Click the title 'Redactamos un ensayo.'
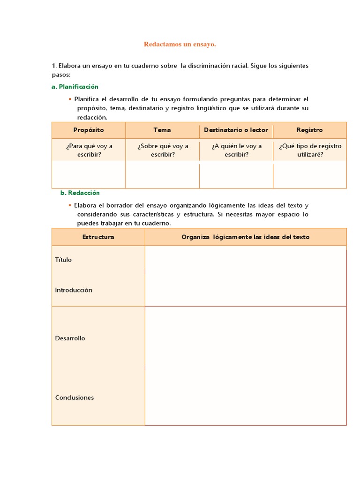180,44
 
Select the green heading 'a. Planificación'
75,87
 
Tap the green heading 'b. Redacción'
80,193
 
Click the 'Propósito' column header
89,130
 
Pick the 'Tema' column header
162,130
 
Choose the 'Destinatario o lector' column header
236,130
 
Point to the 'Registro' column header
309,130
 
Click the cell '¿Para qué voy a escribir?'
89,150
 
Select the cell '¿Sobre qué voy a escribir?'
163,150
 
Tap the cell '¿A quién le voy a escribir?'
236,150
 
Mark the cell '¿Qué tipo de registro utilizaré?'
310,150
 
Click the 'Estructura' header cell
98,237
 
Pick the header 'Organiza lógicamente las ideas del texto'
246,237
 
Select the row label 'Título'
63,260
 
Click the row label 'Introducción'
74,290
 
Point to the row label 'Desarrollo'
70,338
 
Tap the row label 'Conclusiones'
75,397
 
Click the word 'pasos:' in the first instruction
61,75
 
